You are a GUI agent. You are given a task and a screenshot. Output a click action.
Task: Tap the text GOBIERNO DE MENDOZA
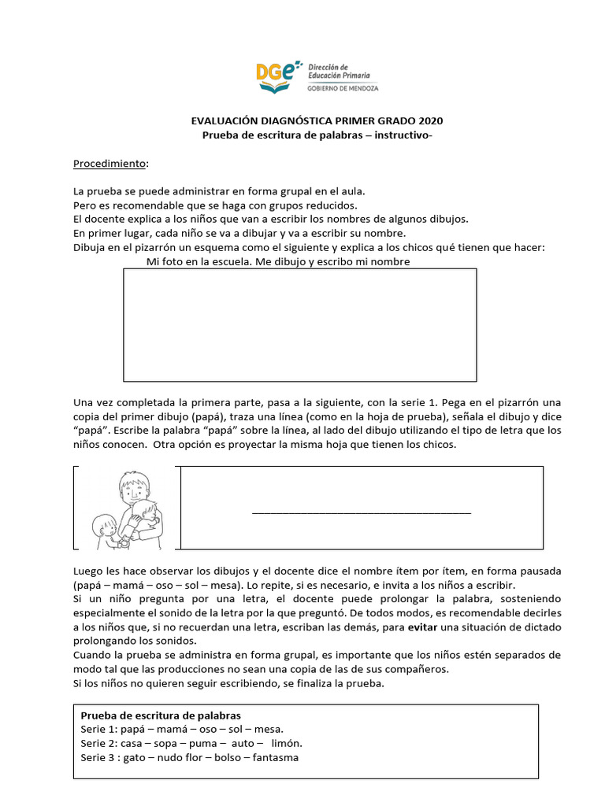pyautogui.click(x=343, y=88)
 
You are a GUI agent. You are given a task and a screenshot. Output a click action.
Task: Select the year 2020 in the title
pyautogui.click(x=430, y=120)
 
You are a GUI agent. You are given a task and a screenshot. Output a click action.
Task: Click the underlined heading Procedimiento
pyautogui.click(x=109, y=163)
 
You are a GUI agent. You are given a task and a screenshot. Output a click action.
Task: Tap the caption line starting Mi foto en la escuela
pyautogui.click(x=277, y=261)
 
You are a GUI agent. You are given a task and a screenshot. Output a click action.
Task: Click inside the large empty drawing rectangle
pyautogui.click(x=299, y=324)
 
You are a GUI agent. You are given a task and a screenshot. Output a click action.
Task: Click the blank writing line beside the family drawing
pyautogui.click(x=361, y=512)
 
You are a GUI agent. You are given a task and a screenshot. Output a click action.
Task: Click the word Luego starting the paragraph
pyautogui.click(x=89, y=570)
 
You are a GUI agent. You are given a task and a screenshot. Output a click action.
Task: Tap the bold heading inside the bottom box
pyautogui.click(x=161, y=715)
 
